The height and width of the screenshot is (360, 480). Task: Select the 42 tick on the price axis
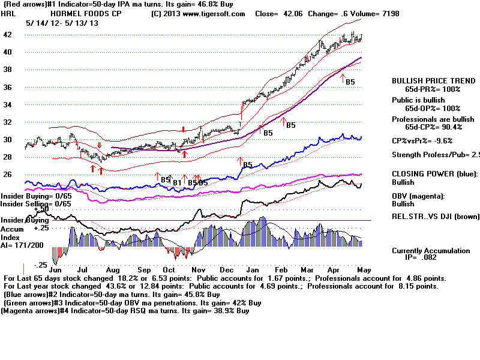point(8,35)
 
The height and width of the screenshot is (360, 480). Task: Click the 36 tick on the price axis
point(8,87)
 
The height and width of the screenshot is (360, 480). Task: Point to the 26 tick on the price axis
point(8,175)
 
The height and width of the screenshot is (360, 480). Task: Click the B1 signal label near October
point(177,182)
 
